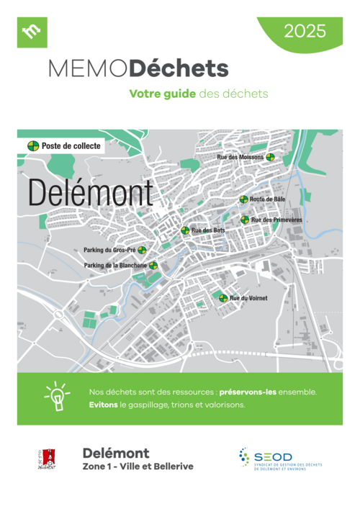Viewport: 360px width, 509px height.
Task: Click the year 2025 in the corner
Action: coord(305,31)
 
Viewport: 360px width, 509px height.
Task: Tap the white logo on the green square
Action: coord(32,32)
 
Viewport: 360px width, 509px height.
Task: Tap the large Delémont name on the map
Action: coord(90,193)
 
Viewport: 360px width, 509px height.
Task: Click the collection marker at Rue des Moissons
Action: coord(270,157)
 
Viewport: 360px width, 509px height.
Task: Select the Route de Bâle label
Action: coord(266,199)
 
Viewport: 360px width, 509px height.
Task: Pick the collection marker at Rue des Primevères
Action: coord(245,220)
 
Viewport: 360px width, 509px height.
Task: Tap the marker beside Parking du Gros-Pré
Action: coord(142,251)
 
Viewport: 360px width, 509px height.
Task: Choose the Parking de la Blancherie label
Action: coord(115,266)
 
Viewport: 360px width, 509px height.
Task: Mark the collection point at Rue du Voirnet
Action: coord(223,298)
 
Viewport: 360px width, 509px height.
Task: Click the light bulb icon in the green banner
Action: coord(56,397)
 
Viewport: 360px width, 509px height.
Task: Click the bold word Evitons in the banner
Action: coord(104,405)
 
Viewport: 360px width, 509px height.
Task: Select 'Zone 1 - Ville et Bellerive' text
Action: coord(138,467)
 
